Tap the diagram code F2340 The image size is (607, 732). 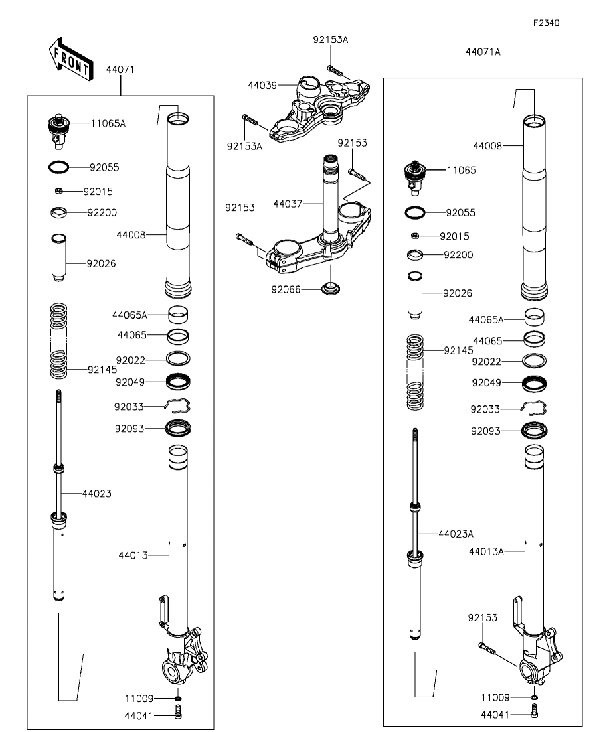click(546, 23)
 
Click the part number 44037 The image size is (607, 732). click(286, 205)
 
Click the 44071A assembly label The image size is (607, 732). click(483, 51)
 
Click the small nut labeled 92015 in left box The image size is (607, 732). click(58, 191)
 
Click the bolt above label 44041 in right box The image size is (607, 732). click(535, 714)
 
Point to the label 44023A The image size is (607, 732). click(455, 533)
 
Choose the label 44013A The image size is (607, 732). click(487, 551)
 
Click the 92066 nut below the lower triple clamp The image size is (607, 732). click(329, 289)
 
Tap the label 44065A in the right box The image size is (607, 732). click(485, 319)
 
